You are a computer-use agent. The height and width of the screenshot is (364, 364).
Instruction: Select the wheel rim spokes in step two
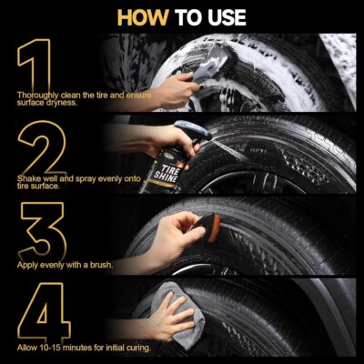tap(227, 182)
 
